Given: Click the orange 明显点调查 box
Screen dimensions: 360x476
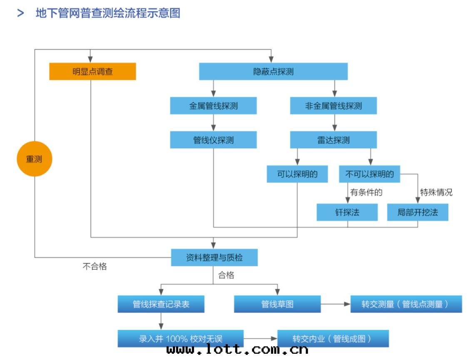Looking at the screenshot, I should tap(92, 72).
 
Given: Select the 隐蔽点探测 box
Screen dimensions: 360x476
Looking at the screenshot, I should tap(273, 72).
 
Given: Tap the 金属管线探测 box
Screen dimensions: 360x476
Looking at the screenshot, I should tap(213, 106).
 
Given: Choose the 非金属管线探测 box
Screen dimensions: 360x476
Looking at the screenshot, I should tap(333, 106).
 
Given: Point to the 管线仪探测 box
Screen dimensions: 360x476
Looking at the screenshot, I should tap(213, 140).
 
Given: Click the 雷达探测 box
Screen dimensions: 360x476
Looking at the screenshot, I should tap(333, 140).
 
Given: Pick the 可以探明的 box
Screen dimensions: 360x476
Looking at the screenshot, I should tap(297, 174).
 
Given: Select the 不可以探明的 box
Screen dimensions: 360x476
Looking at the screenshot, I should tap(369, 174).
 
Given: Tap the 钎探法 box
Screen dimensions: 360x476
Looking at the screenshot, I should tap(347, 212).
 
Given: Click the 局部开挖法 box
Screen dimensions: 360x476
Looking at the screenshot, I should tap(418, 212).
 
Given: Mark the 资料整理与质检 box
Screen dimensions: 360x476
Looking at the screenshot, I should tap(214, 258).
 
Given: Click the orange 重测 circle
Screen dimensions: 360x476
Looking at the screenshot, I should tap(35, 159).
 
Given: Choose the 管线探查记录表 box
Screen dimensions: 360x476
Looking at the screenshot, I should tap(161, 304).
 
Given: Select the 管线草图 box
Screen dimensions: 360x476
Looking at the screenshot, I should tap(277, 304).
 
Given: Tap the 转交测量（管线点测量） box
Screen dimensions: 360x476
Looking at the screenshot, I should tap(406, 304).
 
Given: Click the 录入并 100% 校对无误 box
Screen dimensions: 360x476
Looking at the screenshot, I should tap(180, 338).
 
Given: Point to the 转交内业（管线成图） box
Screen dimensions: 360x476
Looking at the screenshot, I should tap(333, 338).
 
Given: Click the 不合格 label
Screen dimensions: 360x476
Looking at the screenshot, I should tap(95, 267).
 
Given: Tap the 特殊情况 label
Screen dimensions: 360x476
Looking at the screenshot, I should tap(436, 192).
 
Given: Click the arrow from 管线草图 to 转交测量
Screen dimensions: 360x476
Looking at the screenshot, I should tap(336, 304).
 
